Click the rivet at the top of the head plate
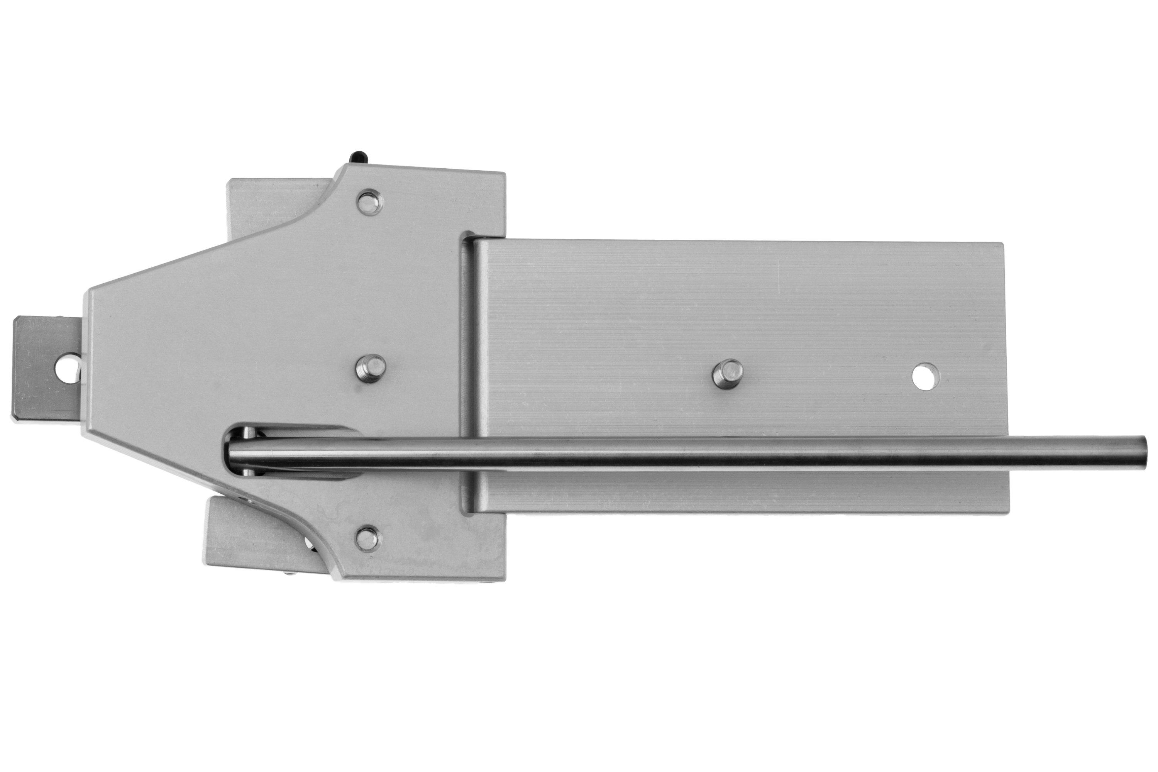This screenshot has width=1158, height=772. tap(370, 202)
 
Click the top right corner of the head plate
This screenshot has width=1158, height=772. tap(502, 175)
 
